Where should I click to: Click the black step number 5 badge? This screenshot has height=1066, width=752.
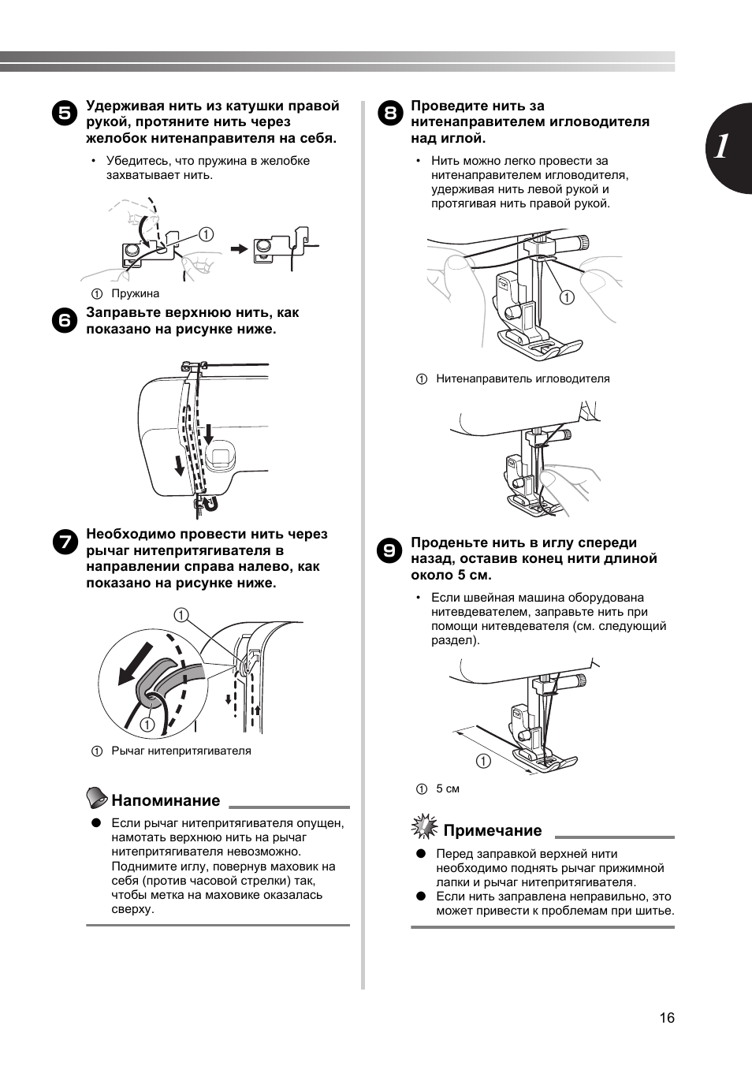pyautogui.click(x=65, y=112)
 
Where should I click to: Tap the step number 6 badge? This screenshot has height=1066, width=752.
pyautogui.click(x=65, y=319)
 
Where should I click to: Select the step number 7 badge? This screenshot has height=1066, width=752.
pyautogui.click(x=65, y=541)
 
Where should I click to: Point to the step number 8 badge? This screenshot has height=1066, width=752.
pyautogui.click(x=389, y=112)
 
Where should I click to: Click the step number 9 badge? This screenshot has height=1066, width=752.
pyautogui.click(x=389, y=549)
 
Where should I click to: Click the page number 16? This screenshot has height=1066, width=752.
pyautogui.click(x=667, y=1018)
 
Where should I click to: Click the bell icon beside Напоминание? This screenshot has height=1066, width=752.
pyautogui.click(x=97, y=798)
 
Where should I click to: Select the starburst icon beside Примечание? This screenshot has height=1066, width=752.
pyautogui.click(x=425, y=827)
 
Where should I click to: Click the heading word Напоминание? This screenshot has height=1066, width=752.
pyautogui.click(x=166, y=800)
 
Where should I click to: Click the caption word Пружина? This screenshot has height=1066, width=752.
pyautogui.click(x=135, y=293)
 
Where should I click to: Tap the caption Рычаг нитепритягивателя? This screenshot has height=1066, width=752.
pyautogui.click(x=181, y=751)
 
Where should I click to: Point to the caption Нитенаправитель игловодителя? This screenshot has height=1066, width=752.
pyautogui.click(x=523, y=378)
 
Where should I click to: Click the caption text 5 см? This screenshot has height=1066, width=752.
pyautogui.click(x=447, y=788)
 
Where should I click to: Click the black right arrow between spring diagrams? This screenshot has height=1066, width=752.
pyautogui.click(x=238, y=248)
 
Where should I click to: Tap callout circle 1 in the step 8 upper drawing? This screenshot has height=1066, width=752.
pyautogui.click(x=567, y=297)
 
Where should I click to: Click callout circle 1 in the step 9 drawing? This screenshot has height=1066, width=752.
pyautogui.click(x=482, y=761)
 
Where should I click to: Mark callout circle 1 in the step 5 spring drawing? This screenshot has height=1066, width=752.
pyautogui.click(x=206, y=233)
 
